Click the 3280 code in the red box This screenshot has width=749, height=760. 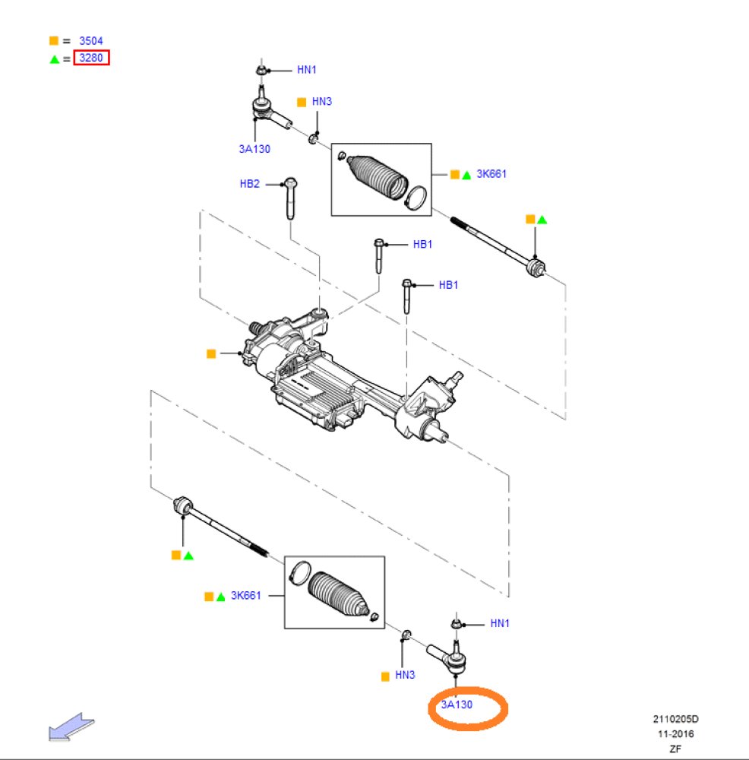point(91,58)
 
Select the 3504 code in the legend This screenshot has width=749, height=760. point(91,41)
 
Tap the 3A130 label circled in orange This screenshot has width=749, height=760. point(457,705)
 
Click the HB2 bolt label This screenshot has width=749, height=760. point(249,184)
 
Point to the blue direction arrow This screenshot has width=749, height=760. point(71,727)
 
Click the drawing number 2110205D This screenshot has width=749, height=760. point(675,719)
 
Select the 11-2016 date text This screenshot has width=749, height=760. point(675,734)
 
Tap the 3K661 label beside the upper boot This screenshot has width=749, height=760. point(491,174)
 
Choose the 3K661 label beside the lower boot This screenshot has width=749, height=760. point(245,595)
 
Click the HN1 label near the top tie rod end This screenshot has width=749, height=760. point(307,70)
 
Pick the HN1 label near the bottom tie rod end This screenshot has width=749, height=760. point(500,623)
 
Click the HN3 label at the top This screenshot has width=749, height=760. point(321,101)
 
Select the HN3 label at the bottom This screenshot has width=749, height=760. point(405,675)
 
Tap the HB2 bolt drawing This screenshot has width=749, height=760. point(291,198)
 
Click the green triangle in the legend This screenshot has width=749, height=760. point(55,59)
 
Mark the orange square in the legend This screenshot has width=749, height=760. point(54,41)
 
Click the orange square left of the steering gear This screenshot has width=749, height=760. point(211,354)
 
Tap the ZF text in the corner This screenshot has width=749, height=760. point(675,749)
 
